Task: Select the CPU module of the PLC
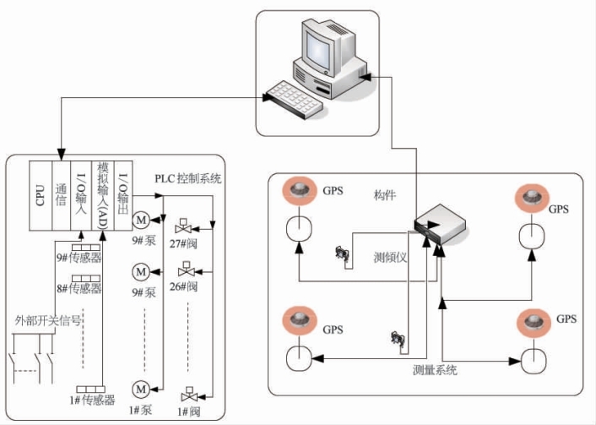(40, 196)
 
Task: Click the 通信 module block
(60, 196)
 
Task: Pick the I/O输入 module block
(82, 196)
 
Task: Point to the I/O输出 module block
(123, 196)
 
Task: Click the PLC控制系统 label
(188, 178)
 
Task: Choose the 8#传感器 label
(79, 289)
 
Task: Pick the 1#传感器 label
(95, 400)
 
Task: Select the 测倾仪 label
(390, 257)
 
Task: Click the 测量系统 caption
(436, 370)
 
